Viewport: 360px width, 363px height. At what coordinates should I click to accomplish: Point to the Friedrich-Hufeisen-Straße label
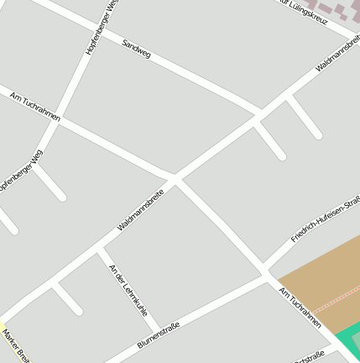pyautogui.click(x=326, y=219)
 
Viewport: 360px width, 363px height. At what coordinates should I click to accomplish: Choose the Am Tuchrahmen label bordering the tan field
pyautogui.click(x=300, y=306)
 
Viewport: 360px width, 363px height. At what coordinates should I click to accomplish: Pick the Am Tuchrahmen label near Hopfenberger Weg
pyautogui.click(x=34, y=107)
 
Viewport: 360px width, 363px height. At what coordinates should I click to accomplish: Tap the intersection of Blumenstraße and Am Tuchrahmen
pyautogui.click(x=267, y=275)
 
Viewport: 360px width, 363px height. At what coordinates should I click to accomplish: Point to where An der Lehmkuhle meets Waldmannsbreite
pyautogui.click(x=98, y=249)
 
